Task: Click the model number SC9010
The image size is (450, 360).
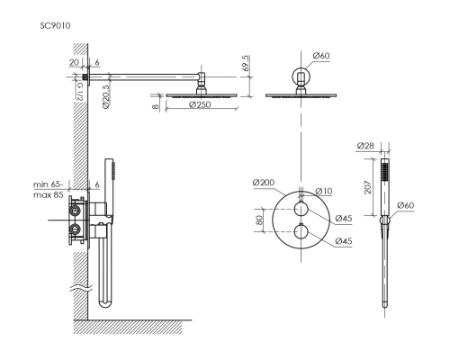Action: pos(56,26)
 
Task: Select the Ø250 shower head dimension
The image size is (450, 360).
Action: pos(200,104)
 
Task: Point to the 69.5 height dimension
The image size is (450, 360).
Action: pos(246,63)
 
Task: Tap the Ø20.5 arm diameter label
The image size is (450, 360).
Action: pos(106,96)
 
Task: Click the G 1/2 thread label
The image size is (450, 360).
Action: pos(79,92)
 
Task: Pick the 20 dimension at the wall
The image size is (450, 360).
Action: pos(74,62)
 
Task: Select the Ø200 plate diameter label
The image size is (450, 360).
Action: pos(264,183)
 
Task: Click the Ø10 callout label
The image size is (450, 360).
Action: pos(324,191)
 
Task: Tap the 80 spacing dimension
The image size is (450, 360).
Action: pos(259,220)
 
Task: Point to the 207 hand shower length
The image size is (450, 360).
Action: pos(368,187)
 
